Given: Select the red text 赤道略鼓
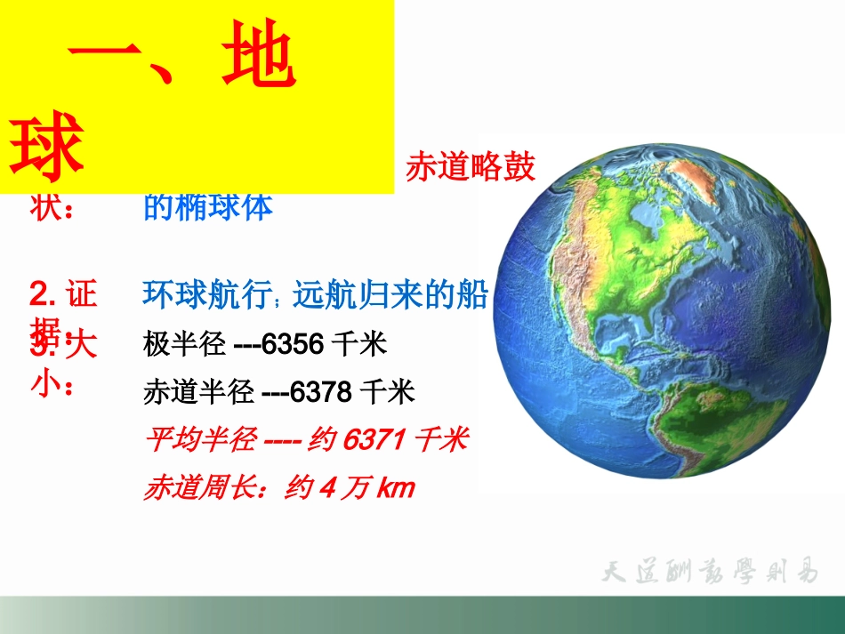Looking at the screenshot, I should point(471,167).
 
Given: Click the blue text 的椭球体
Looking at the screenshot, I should point(208,207).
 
